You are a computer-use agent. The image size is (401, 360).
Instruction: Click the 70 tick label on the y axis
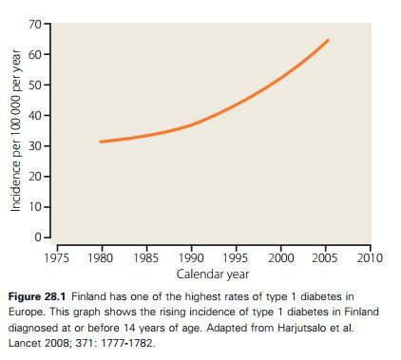35,24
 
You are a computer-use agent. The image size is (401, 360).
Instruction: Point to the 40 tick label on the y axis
35,116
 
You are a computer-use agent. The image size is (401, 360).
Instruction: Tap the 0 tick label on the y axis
38,237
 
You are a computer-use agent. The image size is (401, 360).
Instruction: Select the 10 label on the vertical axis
35,207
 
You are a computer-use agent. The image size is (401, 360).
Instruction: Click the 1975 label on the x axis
57,258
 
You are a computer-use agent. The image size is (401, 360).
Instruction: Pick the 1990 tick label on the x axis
191,258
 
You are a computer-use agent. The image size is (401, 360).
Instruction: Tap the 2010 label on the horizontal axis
370,258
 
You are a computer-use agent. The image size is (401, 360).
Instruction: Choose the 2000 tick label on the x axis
280,258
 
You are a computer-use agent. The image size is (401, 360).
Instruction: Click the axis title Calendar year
213,275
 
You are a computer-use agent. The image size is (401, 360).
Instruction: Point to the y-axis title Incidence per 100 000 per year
15,130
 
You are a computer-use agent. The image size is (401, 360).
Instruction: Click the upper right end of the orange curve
328,41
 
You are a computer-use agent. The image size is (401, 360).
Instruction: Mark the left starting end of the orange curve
101,142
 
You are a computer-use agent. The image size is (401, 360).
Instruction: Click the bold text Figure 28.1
37,296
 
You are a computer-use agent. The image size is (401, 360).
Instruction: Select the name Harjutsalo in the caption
301,328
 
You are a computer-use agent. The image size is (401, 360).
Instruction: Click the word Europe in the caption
27,312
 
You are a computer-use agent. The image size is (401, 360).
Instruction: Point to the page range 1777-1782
127,343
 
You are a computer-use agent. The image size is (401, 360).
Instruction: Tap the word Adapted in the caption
226,328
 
